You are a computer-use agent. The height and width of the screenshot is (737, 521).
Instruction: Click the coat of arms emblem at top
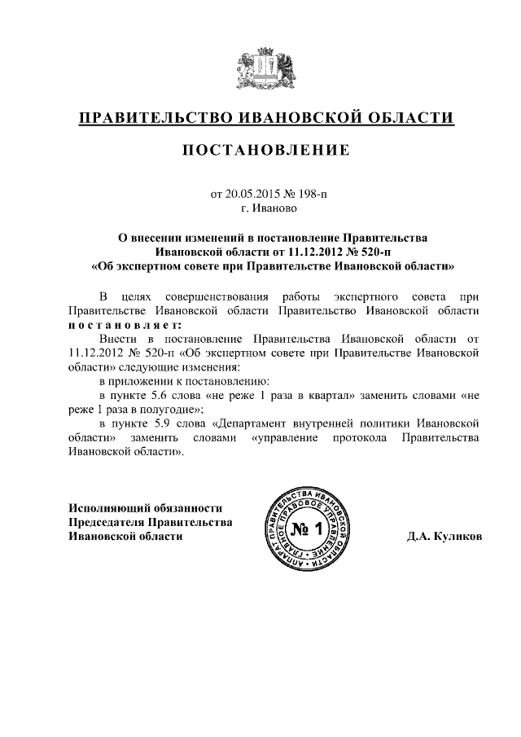[260, 70]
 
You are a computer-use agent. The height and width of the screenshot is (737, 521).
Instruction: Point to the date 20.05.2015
[250, 195]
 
